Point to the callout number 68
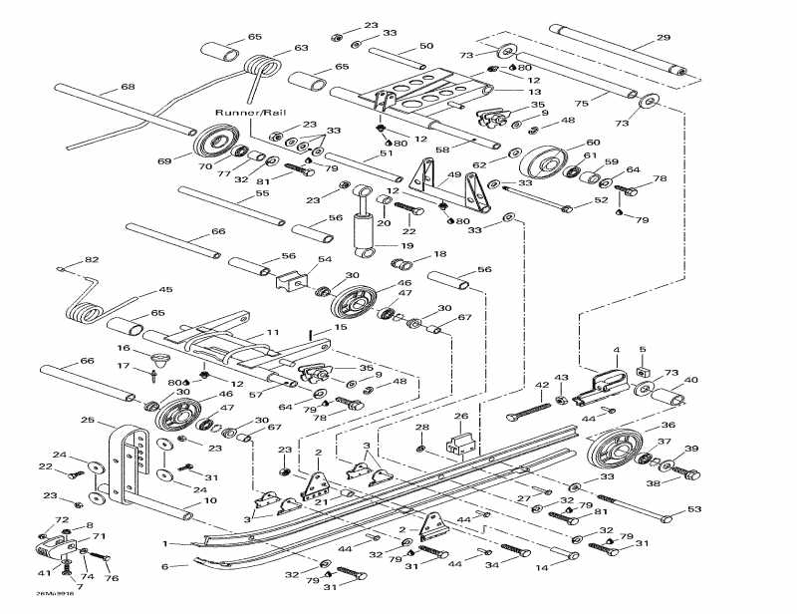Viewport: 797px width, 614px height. click(128, 88)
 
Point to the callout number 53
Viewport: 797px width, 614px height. click(693, 510)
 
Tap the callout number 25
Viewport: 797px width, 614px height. click(87, 421)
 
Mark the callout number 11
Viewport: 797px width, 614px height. click(271, 332)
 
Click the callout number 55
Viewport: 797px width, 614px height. click(263, 194)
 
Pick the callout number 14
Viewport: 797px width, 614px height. click(570, 568)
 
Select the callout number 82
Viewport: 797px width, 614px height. click(92, 260)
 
